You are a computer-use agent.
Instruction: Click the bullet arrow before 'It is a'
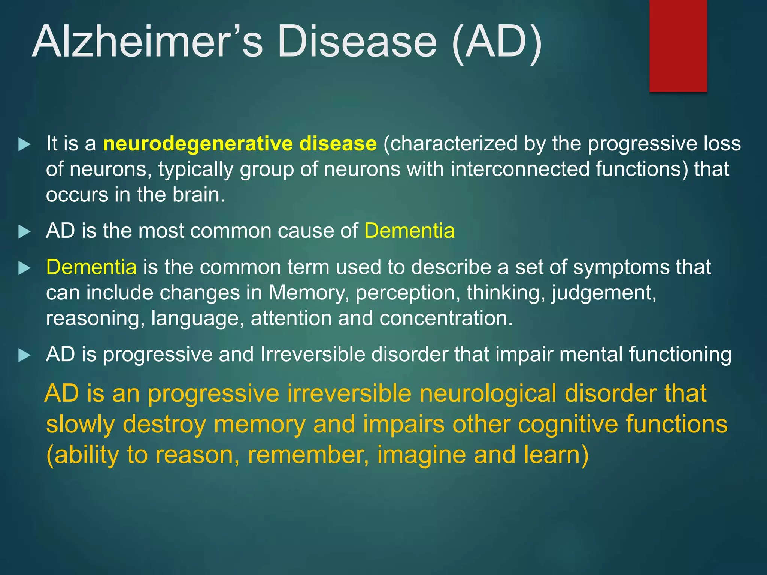[24, 144]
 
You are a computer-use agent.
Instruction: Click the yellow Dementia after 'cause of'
[409, 231]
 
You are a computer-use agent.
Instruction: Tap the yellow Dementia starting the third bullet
[91, 267]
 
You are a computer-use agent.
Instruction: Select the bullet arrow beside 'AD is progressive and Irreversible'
[24, 355]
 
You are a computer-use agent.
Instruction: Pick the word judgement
[604, 293]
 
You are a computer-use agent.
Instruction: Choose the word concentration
[446, 319]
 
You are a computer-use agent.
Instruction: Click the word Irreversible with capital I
[312, 354]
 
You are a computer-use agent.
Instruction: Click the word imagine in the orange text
[421, 455]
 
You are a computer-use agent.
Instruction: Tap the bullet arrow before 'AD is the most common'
[24, 232]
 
